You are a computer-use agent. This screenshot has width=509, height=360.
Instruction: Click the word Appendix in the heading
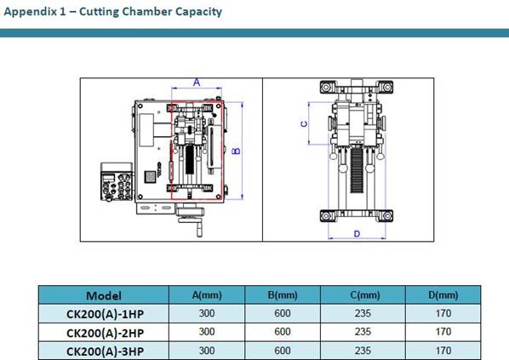tap(30, 12)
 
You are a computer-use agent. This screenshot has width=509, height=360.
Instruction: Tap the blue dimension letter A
tap(197, 83)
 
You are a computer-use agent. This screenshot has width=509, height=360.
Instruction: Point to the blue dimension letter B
tap(237, 151)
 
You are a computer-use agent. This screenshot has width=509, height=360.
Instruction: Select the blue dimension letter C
tap(304, 123)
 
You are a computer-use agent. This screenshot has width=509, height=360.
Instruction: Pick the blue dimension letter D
tap(357, 234)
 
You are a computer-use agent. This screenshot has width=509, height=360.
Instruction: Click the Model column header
tap(104, 295)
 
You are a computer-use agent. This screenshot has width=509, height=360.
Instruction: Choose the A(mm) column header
tap(207, 294)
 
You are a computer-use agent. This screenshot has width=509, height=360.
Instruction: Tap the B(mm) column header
tap(283, 294)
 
